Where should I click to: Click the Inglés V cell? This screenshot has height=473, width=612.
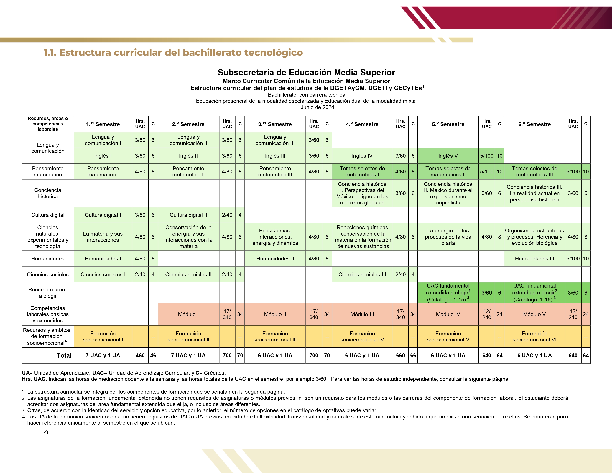click(448, 156)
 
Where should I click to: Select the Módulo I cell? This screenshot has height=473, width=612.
click(188, 314)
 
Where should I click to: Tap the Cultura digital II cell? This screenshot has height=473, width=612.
click(188, 215)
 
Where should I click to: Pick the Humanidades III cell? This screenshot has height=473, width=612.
click(534, 259)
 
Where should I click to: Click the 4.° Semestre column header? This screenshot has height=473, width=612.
click(362, 124)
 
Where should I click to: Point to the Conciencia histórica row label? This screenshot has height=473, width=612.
click(48, 193)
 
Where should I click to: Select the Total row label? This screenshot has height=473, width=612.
click(64, 355)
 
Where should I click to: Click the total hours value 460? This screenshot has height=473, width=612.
click(140, 355)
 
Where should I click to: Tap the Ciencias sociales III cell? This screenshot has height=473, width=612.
click(362, 275)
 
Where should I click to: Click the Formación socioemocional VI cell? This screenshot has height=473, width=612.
click(534, 336)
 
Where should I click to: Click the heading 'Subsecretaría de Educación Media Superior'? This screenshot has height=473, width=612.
click(306, 72)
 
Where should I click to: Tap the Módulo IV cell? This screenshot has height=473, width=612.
click(448, 314)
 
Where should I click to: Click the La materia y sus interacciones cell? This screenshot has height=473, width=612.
click(103, 237)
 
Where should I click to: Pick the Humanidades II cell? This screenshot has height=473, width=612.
click(275, 259)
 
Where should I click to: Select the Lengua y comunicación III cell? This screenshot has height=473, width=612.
click(275, 140)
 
